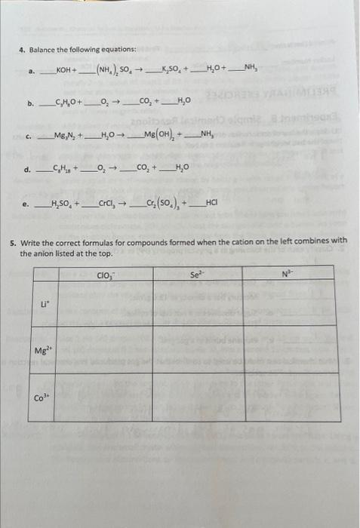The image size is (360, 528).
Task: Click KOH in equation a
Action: tap(65, 72)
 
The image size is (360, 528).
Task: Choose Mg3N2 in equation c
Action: tap(63, 135)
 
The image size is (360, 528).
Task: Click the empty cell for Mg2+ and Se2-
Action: tap(198, 349)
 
